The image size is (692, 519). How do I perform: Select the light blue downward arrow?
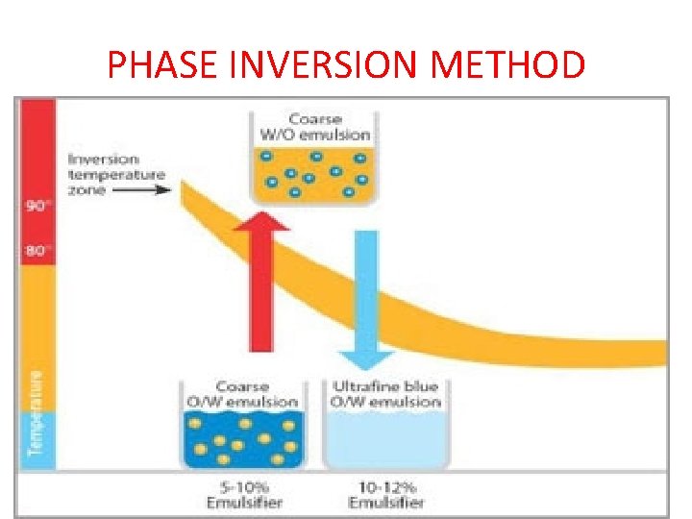coord(365,298)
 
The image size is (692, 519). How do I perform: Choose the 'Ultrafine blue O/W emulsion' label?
coord(384,394)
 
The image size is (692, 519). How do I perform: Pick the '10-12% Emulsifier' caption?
coord(386,495)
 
